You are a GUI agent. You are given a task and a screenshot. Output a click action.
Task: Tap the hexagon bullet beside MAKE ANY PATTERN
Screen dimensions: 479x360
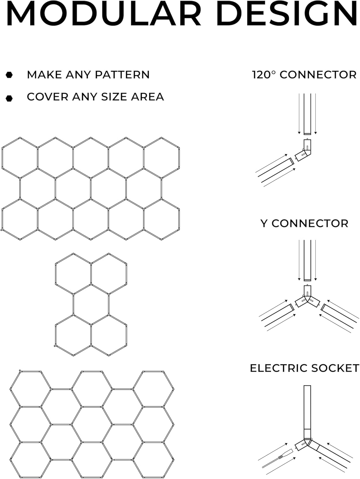[x=9, y=75]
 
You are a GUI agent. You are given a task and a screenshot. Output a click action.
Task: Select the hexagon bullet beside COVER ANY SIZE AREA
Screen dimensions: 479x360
[x=9, y=98]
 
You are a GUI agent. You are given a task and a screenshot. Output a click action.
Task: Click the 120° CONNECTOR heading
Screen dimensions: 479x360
[x=304, y=75]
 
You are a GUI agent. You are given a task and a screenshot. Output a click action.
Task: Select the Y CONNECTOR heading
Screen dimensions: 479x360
[x=304, y=224]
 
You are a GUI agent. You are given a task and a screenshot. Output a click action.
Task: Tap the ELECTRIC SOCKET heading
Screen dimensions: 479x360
[x=304, y=368]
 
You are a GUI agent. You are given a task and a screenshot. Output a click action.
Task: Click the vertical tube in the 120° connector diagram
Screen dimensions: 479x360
[x=307, y=113]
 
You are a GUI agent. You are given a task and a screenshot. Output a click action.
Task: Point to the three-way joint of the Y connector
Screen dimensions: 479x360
[x=307, y=299]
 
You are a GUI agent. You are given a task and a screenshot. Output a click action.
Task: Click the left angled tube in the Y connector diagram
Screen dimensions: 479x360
[x=276, y=317]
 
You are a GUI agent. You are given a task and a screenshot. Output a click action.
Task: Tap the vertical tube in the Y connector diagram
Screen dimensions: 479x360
[x=307, y=260]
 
